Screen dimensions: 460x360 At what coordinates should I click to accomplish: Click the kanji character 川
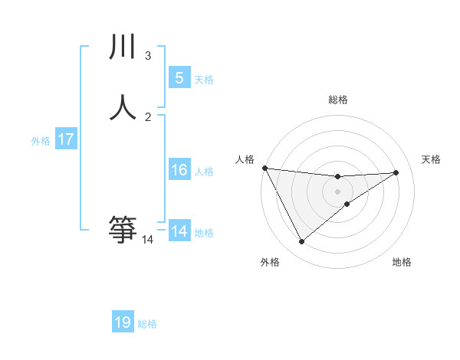pyautogui.click(x=123, y=48)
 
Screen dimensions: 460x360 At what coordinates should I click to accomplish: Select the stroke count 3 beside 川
pyautogui.click(x=148, y=56)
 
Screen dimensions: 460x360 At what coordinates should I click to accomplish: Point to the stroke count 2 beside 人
pyautogui.click(x=148, y=116)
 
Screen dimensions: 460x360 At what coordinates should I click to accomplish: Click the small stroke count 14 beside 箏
pyautogui.click(x=148, y=240)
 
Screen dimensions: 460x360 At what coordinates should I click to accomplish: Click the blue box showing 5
pyautogui.click(x=179, y=77)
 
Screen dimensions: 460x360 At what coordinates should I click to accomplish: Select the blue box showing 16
pyautogui.click(x=179, y=170)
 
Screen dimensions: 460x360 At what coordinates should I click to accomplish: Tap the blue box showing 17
pyautogui.click(x=66, y=139)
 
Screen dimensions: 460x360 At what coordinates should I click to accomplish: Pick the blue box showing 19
pyautogui.click(x=123, y=322)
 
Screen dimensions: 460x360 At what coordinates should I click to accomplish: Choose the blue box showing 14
pyautogui.click(x=179, y=231)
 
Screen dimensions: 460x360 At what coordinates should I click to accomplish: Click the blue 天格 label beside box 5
pyautogui.click(x=204, y=79)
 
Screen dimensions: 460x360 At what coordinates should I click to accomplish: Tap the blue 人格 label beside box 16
pyautogui.click(x=204, y=172)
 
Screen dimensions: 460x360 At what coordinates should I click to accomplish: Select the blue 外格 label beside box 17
pyautogui.click(x=41, y=141)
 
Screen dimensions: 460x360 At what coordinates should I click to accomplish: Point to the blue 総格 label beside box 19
pyautogui.click(x=147, y=324)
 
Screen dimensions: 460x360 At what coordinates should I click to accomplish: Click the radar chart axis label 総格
pyautogui.click(x=337, y=100)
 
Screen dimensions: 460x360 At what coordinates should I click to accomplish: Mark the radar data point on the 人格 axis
pyautogui.click(x=264, y=168)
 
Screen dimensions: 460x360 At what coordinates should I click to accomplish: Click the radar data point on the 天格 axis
pyautogui.click(x=396, y=172)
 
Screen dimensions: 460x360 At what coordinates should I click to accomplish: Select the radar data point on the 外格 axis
pyautogui.click(x=301, y=242)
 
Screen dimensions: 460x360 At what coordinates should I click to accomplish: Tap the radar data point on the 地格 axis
pyautogui.click(x=347, y=204)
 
